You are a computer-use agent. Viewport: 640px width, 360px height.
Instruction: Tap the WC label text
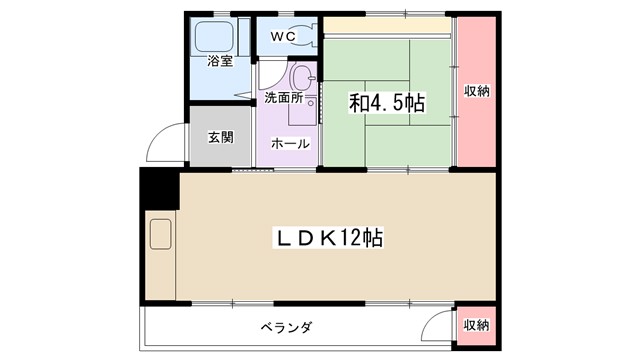coord(283,37)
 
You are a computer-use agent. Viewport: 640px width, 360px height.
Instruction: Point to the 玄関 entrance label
coord(220,138)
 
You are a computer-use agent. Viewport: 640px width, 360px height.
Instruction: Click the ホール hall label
coord(290,144)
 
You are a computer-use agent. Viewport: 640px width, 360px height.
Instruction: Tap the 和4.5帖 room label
coord(387,103)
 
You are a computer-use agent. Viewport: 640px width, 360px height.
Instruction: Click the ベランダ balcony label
coord(287,327)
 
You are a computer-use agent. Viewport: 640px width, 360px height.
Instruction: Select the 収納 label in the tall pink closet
coord(476,91)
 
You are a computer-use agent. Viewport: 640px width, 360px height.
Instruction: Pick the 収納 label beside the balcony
coord(476,325)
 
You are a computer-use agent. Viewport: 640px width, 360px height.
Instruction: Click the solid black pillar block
coord(158,189)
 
